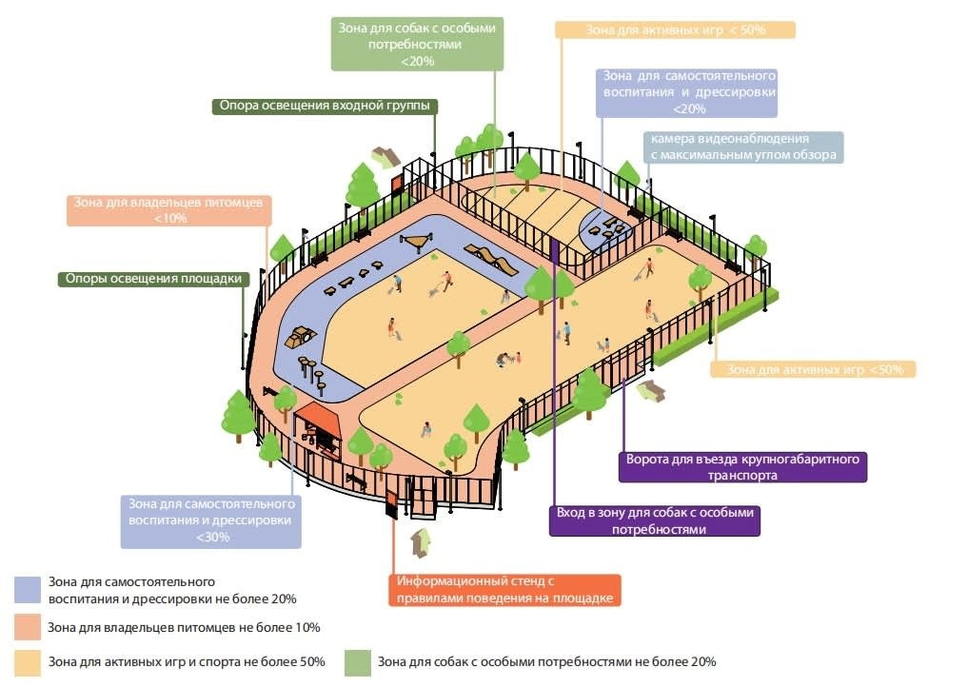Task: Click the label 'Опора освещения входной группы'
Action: click(x=324, y=106)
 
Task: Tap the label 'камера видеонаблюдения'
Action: click(x=742, y=147)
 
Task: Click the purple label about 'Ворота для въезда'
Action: click(x=742, y=467)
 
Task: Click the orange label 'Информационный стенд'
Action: click(x=504, y=590)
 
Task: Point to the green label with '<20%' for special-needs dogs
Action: click(x=417, y=44)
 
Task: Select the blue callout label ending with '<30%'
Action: click(x=211, y=520)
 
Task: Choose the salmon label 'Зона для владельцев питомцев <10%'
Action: click(x=169, y=210)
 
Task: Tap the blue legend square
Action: click(x=28, y=590)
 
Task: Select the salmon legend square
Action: click(x=28, y=627)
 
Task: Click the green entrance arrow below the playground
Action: click(x=420, y=543)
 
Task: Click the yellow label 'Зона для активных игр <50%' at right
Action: click(x=812, y=369)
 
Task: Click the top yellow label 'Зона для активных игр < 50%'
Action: click(x=675, y=29)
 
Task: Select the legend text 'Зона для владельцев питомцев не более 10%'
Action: click(x=184, y=628)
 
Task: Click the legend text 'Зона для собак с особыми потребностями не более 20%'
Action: click(x=546, y=662)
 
